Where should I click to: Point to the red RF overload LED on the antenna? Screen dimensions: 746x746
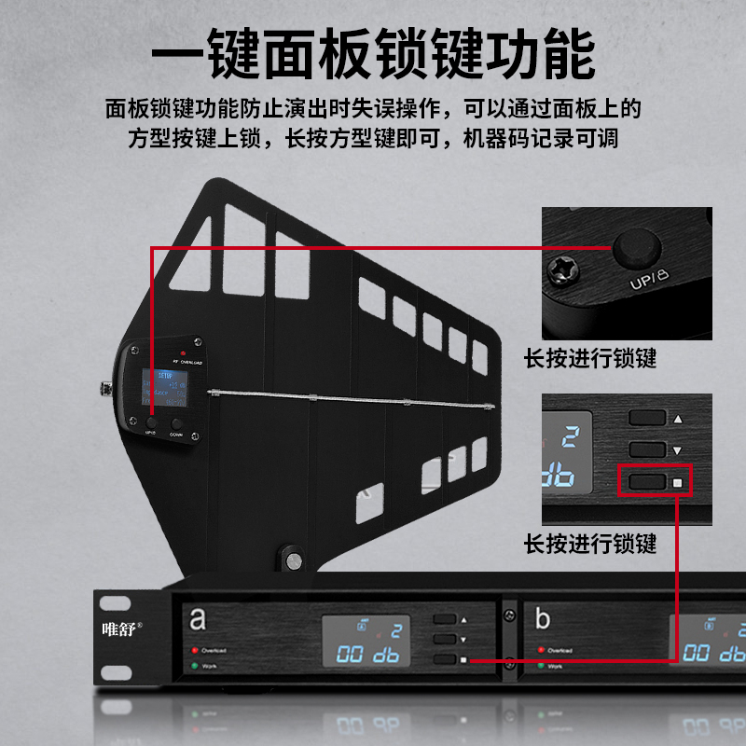196,352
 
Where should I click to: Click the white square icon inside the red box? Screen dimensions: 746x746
678,483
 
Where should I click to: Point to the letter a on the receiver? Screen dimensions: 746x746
198,618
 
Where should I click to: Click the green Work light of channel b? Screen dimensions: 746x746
539,666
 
